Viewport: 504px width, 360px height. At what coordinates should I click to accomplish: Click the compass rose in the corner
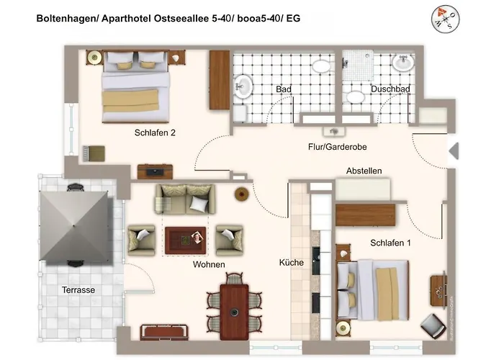click(x=445, y=19)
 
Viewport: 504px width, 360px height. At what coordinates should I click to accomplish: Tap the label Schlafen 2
click(x=155, y=132)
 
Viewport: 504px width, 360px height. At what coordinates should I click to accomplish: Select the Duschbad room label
click(x=390, y=89)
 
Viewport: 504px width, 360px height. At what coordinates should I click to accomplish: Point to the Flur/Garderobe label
click(x=337, y=147)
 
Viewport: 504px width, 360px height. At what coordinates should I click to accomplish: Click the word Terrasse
click(x=78, y=290)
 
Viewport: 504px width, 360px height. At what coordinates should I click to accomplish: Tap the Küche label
click(x=291, y=263)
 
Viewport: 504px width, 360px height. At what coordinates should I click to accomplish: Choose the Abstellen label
click(x=364, y=171)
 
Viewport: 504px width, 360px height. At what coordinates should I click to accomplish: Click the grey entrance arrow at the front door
click(x=454, y=150)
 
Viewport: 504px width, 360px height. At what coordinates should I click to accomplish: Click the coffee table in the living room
click(x=186, y=240)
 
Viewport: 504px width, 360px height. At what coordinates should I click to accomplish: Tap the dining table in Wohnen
click(x=234, y=312)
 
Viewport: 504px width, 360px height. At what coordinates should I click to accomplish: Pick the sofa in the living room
click(x=185, y=199)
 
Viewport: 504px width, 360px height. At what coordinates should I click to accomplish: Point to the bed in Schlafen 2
click(x=135, y=86)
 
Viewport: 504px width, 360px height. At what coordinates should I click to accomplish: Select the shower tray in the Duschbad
click(x=358, y=65)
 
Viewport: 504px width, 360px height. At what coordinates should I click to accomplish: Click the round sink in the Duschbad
click(x=402, y=63)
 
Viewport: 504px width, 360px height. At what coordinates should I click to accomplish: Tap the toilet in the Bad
click(x=321, y=66)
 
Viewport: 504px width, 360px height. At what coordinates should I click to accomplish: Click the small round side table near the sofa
click(x=242, y=194)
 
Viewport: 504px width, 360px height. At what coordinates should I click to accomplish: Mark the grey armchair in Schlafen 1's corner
click(x=433, y=325)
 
